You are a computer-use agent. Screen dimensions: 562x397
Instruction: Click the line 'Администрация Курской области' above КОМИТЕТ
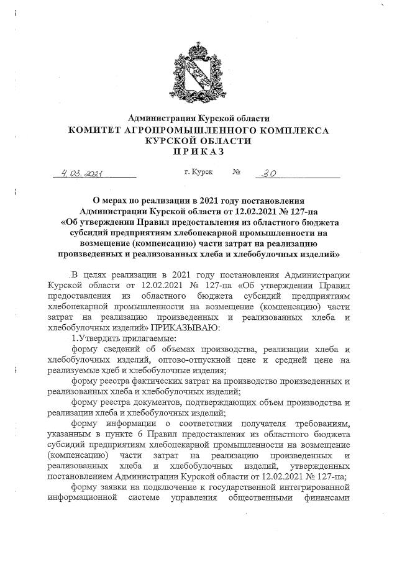[x=199, y=118]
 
